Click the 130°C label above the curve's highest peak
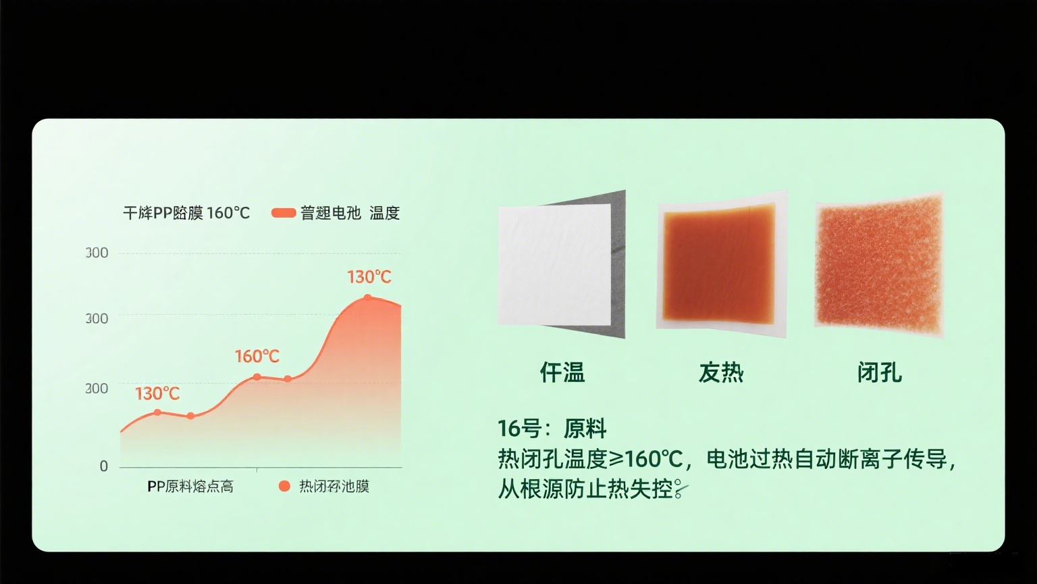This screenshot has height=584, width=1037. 369,277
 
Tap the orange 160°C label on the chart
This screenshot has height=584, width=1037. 257,356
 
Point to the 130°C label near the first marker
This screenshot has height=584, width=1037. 157,393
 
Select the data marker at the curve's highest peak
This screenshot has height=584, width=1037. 368,297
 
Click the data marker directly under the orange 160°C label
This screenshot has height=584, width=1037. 257,376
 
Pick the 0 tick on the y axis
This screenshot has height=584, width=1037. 103,466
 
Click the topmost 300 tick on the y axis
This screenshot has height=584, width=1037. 97,253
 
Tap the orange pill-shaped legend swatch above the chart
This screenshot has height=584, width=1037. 284,213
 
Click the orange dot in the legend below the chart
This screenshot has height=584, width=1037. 284,486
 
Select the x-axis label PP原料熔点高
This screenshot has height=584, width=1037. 190,487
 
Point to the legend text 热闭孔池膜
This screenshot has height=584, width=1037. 334,487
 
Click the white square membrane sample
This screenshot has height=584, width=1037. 554,264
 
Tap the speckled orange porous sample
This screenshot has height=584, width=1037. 878,265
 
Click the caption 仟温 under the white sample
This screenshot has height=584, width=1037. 562,372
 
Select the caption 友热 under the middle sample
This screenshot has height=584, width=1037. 721,372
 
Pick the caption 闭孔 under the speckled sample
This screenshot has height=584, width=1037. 879,372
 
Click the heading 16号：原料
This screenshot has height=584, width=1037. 552,429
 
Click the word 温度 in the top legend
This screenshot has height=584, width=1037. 385,213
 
